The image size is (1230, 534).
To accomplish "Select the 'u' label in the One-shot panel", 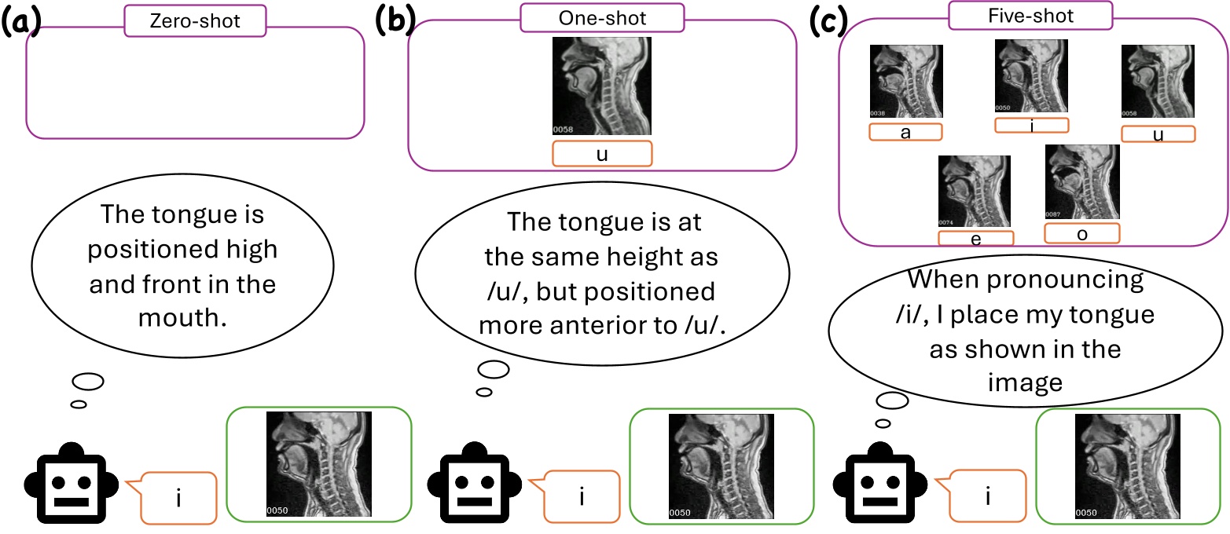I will [602, 154].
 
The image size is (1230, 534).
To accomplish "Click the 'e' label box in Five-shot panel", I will [975, 238].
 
